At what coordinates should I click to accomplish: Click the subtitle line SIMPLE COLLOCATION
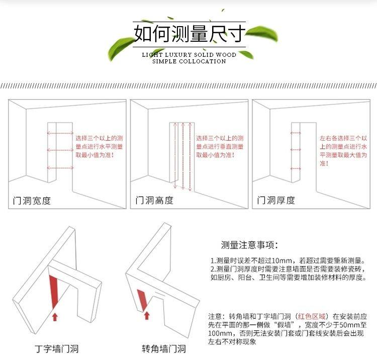189,61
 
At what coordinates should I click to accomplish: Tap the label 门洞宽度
32,200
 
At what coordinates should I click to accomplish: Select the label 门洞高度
154,200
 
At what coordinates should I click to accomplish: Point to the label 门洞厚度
276,200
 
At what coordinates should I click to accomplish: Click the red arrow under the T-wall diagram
55,317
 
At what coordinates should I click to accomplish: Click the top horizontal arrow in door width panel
60,133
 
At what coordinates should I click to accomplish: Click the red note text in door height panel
220,147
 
